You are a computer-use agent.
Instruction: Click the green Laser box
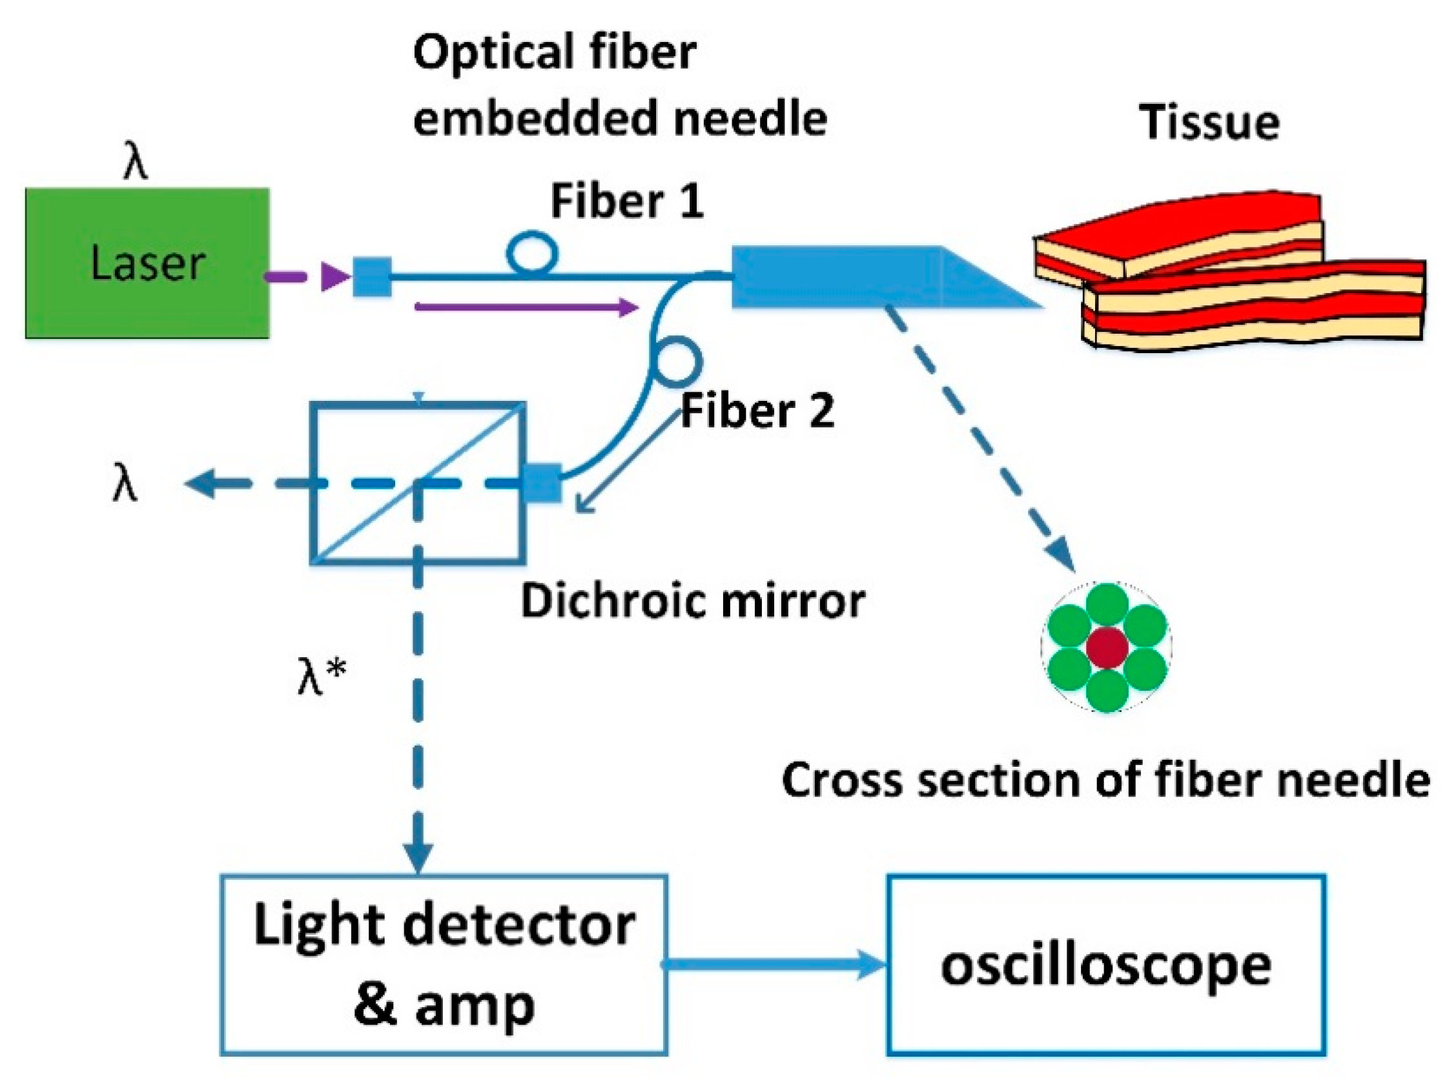[147, 263]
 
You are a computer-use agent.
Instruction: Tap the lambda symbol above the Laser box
[136, 161]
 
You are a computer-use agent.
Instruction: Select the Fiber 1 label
[627, 201]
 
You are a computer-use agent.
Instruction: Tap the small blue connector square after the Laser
[372, 278]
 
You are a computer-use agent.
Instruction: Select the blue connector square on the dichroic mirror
[543, 483]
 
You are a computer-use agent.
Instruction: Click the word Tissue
[1209, 122]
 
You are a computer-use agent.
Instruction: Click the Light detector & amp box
[444, 964]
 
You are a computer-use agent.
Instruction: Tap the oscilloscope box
[1105, 964]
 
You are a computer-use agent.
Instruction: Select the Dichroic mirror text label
[692, 600]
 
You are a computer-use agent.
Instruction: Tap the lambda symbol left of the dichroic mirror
[124, 485]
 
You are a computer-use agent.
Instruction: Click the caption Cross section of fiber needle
[1105, 780]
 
